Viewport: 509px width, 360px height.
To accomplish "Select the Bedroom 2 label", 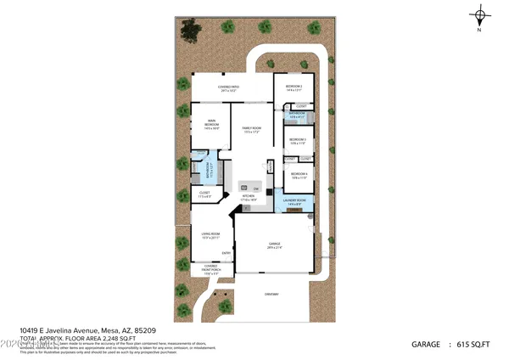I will click(294, 88).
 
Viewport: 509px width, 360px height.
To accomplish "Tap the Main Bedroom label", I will click(211, 127).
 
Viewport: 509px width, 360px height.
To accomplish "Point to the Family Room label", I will click(252, 130).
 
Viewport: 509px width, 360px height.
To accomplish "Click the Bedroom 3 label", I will click(297, 140).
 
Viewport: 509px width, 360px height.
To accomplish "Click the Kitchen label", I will click(249, 198).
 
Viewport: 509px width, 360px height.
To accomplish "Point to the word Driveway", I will click(270, 294).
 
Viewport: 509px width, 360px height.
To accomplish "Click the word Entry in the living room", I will click(227, 253).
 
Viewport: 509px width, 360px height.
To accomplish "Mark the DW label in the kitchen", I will click(255, 188).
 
